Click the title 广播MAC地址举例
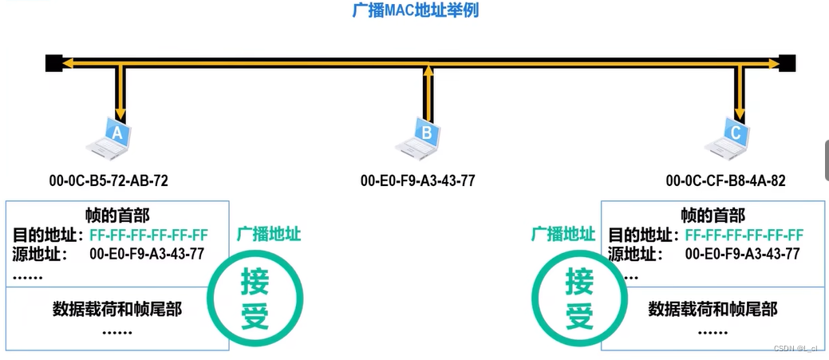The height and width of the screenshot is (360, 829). tap(415, 11)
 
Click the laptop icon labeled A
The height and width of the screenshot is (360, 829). tap(113, 137)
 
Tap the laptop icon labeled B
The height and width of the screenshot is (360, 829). tap(420, 137)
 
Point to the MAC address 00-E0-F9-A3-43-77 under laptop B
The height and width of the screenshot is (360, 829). tap(417, 181)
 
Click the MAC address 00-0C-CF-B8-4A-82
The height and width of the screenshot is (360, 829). tap(725, 181)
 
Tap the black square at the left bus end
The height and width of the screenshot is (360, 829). tap(53, 63)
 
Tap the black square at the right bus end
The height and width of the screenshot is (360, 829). tap(787, 63)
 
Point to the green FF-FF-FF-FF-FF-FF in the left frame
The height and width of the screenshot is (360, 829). tap(149, 235)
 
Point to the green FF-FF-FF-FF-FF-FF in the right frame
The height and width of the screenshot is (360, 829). tap(744, 235)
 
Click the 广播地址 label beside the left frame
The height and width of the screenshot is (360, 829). tap(269, 235)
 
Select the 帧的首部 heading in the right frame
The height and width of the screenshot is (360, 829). tap(713, 216)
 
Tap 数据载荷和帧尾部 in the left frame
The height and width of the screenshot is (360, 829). tap(117, 308)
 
